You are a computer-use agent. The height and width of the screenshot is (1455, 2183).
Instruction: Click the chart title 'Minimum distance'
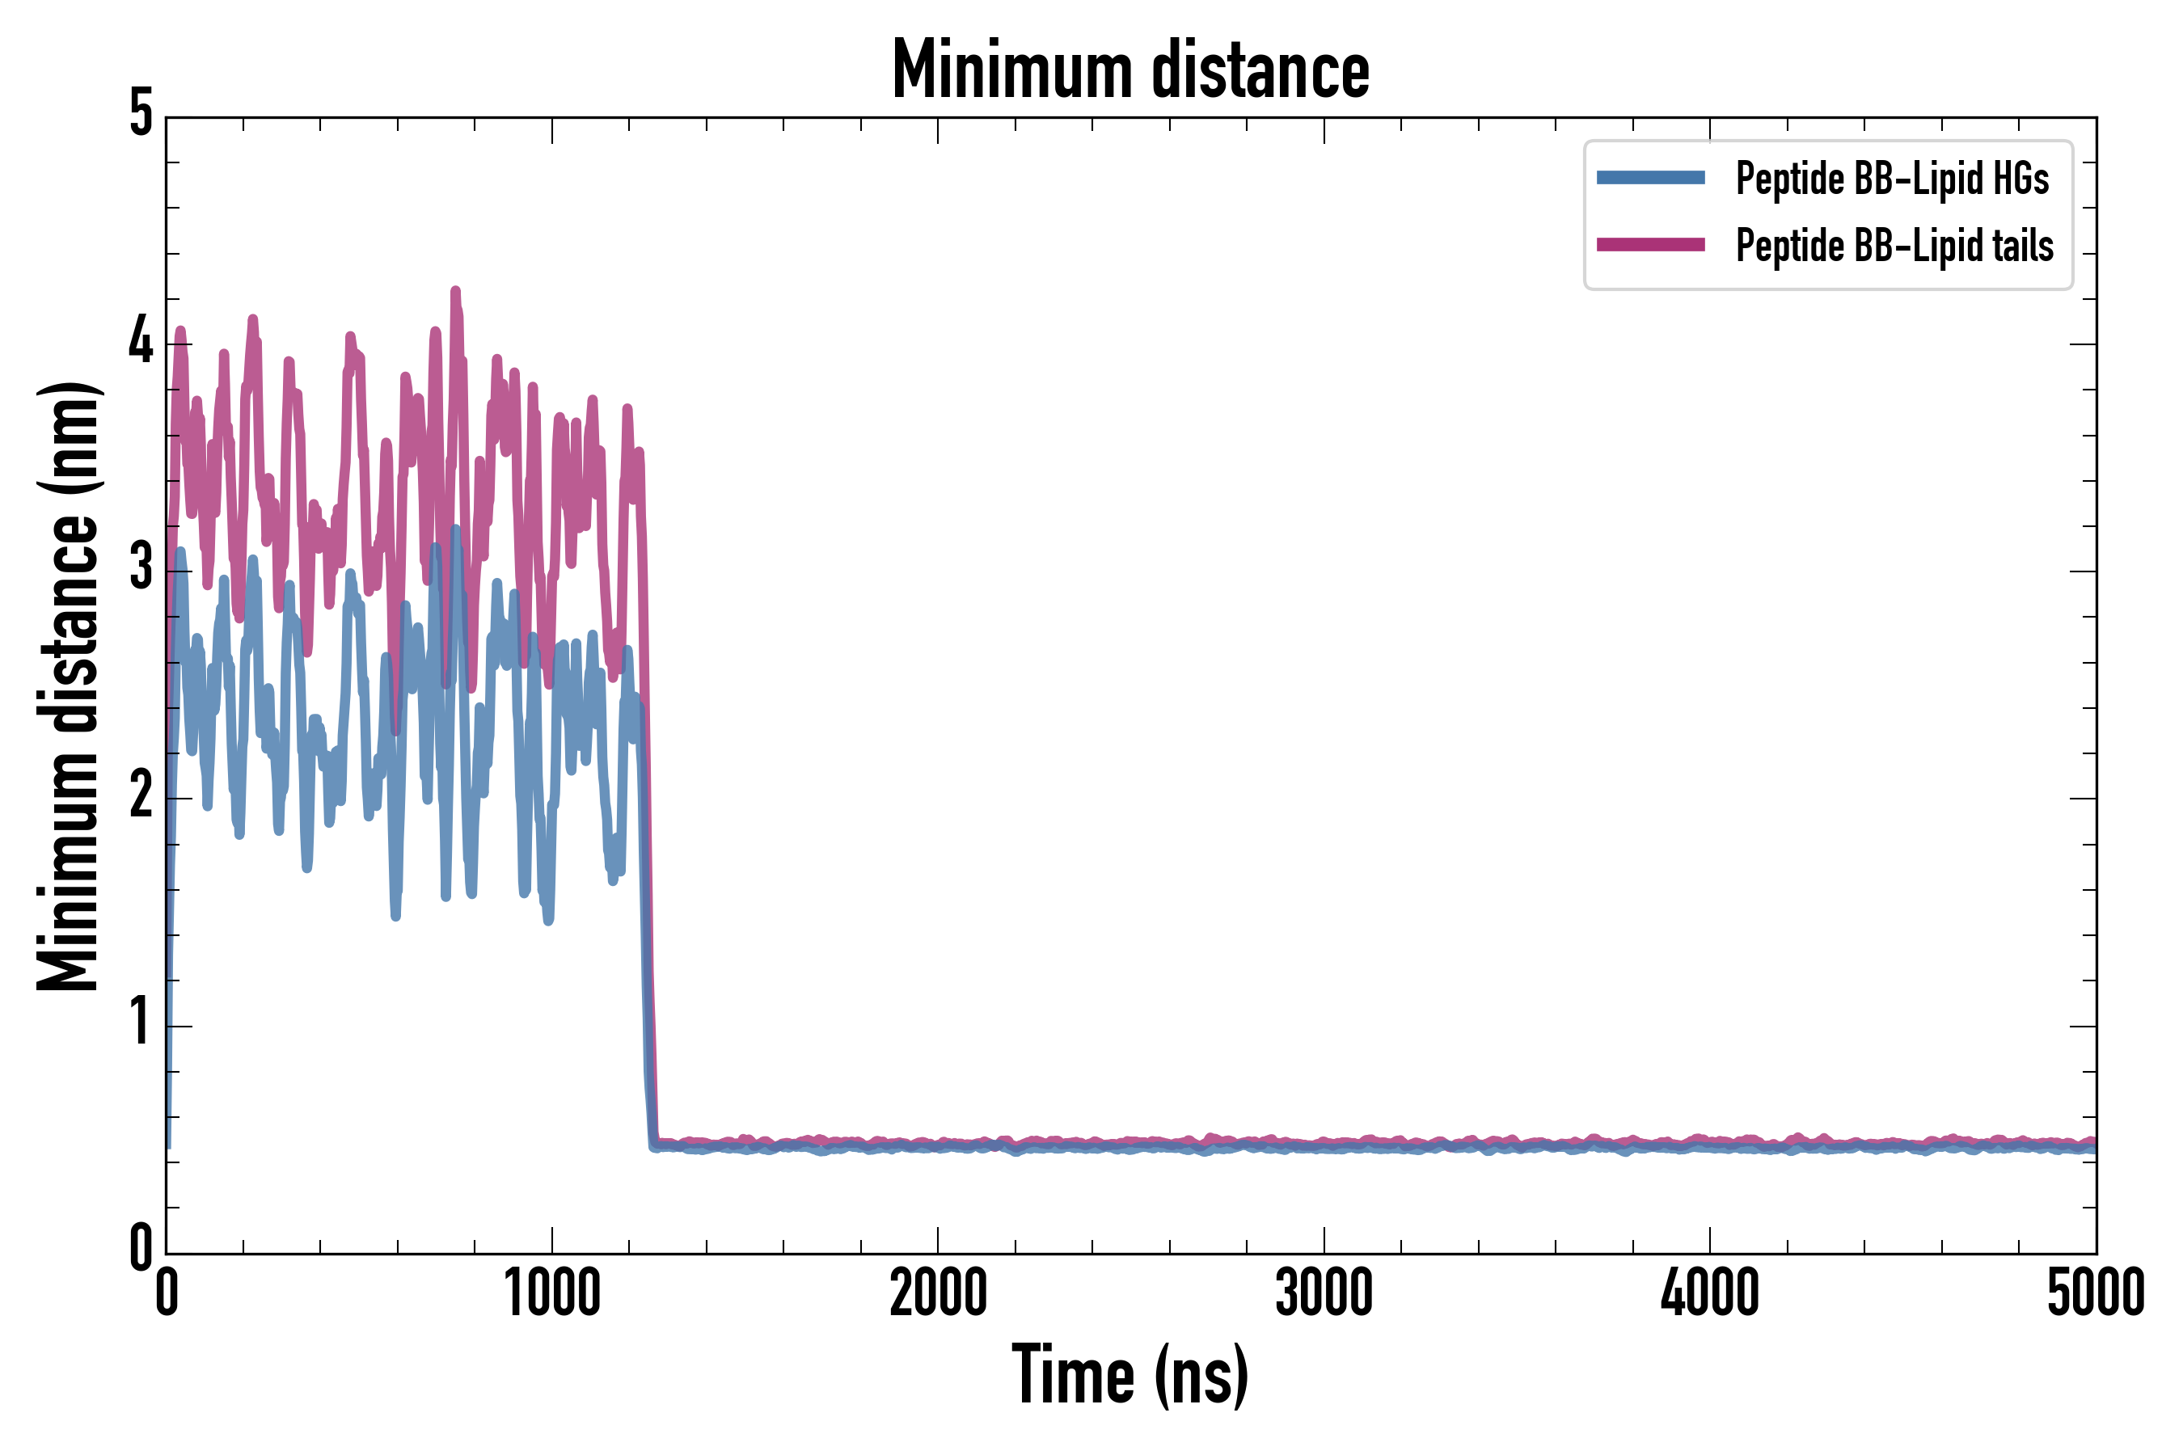tap(1130, 70)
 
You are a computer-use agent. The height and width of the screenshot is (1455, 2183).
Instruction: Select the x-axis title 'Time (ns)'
tap(1130, 1374)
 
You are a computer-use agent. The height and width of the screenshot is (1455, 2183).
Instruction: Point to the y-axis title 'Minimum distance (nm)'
tap(68, 685)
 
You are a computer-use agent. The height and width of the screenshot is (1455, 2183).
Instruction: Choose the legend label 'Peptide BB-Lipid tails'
tap(1894, 246)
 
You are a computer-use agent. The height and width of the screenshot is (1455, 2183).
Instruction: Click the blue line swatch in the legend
tap(1650, 178)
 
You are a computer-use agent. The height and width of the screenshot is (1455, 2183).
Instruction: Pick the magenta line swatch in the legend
tap(1650, 245)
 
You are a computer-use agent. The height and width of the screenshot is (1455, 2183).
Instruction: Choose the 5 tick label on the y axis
tap(141, 114)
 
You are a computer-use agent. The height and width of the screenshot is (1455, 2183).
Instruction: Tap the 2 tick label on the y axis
tap(141, 796)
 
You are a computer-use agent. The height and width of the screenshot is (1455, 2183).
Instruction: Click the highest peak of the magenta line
tap(454, 291)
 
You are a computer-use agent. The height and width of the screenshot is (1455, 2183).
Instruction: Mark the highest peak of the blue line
tap(454, 529)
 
